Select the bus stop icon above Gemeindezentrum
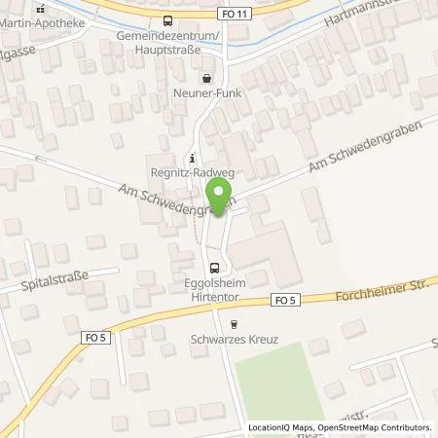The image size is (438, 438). (x=169, y=19)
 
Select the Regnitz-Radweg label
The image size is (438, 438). (x=193, y=175)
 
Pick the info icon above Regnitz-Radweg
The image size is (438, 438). (x=193, y=159)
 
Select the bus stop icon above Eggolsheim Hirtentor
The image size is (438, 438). (x=213, y=266)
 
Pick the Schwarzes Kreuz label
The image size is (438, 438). (x=234, y=343)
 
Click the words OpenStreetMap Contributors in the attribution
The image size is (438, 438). (x=373, y=427)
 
